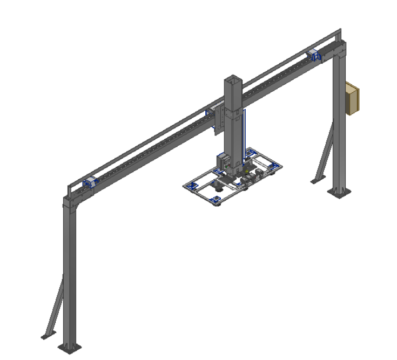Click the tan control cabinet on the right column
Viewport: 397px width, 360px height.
352,99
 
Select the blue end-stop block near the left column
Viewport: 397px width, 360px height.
89,183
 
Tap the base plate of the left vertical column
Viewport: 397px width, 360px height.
71,346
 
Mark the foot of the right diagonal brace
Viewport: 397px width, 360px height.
315,181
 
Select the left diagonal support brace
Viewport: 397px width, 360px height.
55,308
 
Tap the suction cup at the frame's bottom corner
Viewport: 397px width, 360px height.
217,202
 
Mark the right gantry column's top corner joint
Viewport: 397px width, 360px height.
339,51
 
